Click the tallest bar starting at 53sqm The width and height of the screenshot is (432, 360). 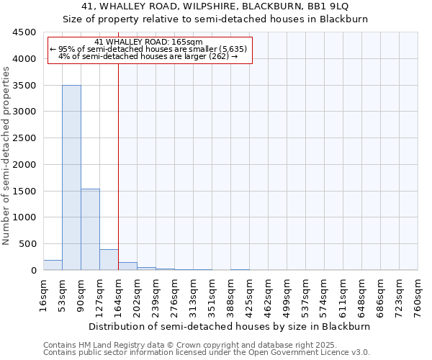[71, 177]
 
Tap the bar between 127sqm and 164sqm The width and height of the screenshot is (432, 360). [109, 259]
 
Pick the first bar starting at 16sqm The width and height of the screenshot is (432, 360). [53, 265]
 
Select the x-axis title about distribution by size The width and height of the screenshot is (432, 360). [230, 326]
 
